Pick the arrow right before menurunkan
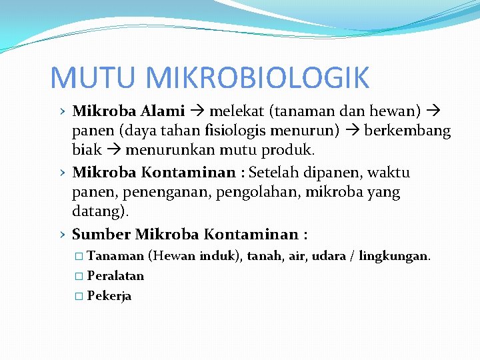click(113, 149)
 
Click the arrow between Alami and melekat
click(197, 111)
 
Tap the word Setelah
click(275, 173)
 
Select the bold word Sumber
click(101, 235)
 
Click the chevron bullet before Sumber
click(61, 235)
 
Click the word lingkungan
click(394, 256)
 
